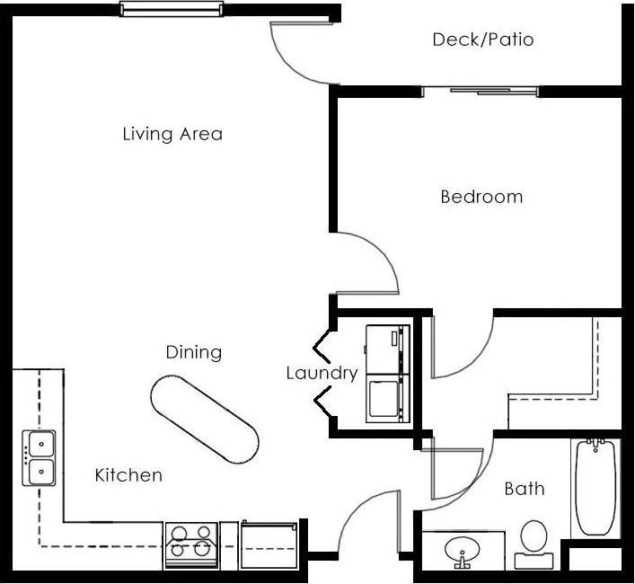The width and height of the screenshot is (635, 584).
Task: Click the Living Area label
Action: pyautogui.click(x=172, y=135)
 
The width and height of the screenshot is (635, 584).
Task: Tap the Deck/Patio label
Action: pyautogui.click(x=482, y=40)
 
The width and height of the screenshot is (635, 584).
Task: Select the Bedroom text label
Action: pyautogui.click(x=481, y=197)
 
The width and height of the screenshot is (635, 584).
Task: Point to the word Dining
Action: pyautogui.click(x=193, y=352)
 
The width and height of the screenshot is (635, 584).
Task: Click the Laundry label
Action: pyautogui.click(x=322, y=373)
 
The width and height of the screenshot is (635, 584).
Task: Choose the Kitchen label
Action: pyautogui.click(x=128, y=475)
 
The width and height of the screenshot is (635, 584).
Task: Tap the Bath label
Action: pyautogui.click(x=524, y=489)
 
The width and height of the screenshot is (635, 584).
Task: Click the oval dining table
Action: pyautogui.click(x=205, y=419)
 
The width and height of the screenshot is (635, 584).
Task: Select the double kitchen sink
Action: pyautogui.click(x=40, y=457)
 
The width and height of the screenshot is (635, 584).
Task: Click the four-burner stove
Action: pyautogui.click(x=191, y=544)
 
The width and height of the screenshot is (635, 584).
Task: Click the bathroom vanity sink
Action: pyautogui.click(x=462, y=550)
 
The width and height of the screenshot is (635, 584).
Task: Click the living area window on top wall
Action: pyautogui.click(x=171, y=10)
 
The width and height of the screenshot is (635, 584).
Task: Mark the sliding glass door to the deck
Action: pyautogui.click(x=481, y=91)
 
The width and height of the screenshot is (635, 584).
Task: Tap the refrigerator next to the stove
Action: pyautogui.click(x=269, y=544)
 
